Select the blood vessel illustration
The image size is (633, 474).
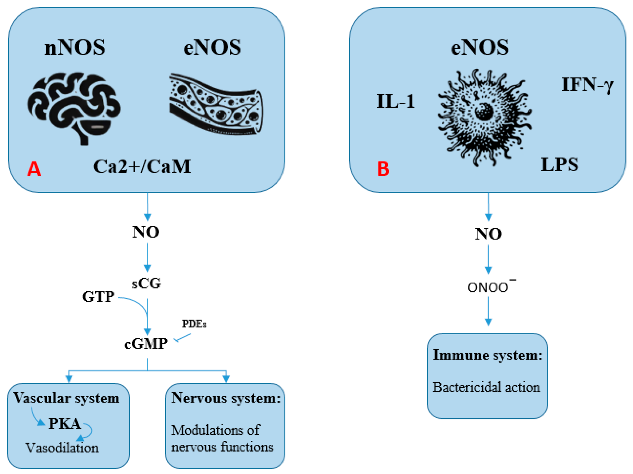216,105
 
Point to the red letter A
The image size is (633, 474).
34,169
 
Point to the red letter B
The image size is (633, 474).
383,169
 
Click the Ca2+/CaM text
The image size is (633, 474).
142,167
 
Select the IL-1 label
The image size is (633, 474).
396,101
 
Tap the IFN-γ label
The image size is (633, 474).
587,85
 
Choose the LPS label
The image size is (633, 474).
559,165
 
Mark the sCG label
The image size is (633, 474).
147,283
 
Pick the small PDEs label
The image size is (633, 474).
194,324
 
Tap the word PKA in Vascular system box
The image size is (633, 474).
65,424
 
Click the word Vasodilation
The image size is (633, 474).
62,448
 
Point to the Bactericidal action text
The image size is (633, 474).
486,387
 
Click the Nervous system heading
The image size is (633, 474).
226,398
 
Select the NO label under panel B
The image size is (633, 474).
488,234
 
